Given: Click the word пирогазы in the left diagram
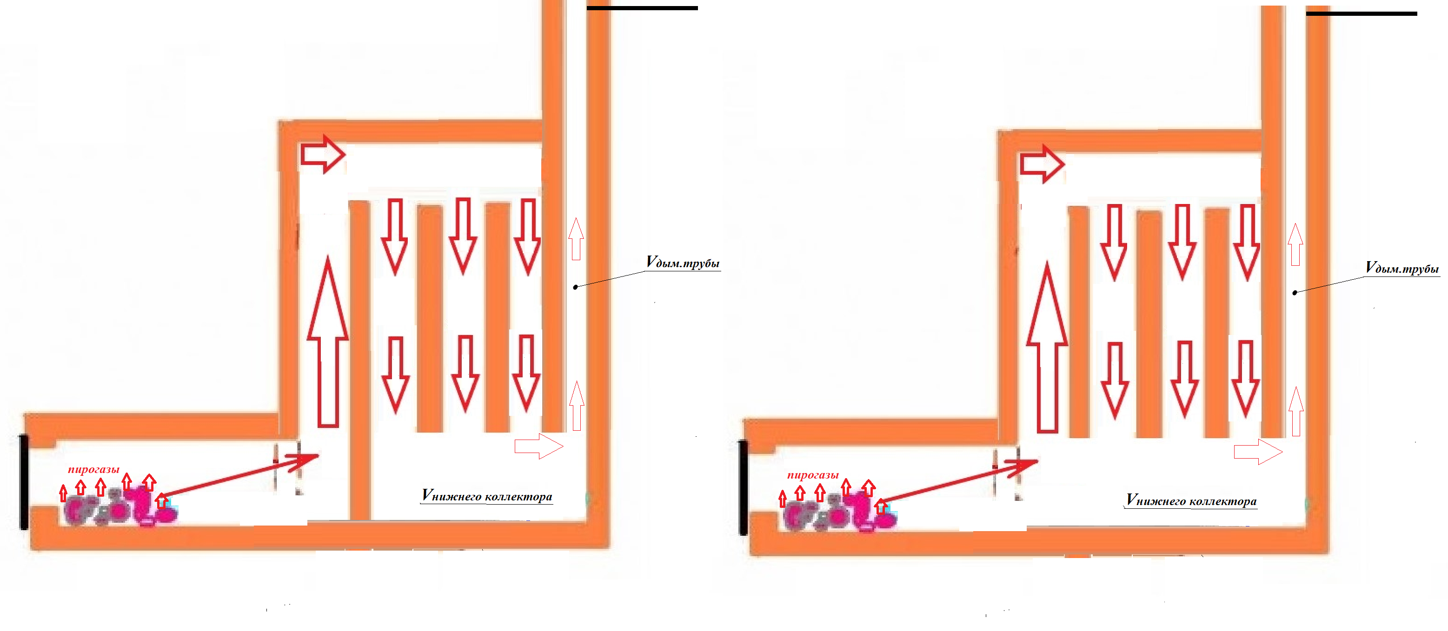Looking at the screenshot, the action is tap(94, 469).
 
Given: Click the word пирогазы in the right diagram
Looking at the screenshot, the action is tap(813, 475).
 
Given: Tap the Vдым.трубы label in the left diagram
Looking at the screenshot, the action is tap(683, 263).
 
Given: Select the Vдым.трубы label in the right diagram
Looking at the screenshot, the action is tap(1402, 268).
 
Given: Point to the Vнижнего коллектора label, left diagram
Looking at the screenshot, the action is tap(487, 496).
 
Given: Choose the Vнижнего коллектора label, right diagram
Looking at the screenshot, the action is tap(1191, 500).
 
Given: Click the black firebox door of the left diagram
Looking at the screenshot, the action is tap(24, 481).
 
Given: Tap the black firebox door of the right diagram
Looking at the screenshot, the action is tap(743, 487).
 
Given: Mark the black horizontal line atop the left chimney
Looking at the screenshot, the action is tap(642, 8).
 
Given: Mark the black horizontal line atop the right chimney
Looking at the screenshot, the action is tap(1361, 13).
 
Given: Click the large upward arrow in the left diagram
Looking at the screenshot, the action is tap(328, 342).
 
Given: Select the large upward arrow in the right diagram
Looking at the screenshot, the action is tap(1047, 347).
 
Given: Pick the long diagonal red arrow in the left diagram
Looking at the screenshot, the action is tap(240, 475).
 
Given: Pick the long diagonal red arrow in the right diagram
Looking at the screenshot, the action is tap(960, 481).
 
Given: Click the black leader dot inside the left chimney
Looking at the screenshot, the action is tap(575, 287).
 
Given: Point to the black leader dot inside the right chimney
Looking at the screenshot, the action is tap(1295, 293).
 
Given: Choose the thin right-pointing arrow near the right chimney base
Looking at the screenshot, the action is tap(1258, 452).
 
